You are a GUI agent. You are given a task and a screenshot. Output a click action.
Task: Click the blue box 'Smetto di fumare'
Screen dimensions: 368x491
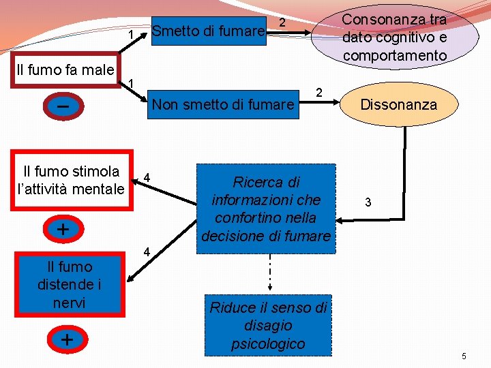[208, 31]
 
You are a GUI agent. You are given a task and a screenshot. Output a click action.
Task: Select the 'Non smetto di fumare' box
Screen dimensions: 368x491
[224, 105]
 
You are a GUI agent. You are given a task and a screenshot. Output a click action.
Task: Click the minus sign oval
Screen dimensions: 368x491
[63, 107]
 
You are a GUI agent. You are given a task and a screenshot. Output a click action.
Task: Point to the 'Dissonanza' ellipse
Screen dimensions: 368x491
[399, 105]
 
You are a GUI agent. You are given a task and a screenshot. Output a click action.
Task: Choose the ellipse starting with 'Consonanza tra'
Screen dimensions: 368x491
[394, 37]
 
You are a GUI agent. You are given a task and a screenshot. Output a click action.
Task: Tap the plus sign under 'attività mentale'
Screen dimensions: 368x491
[63, 229]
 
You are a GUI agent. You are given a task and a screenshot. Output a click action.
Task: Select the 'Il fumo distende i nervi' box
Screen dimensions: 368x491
[70, 284]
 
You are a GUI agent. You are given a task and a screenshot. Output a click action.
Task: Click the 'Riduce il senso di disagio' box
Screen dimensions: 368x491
[268, 326]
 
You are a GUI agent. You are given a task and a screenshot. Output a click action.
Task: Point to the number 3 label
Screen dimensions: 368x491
[368, 202]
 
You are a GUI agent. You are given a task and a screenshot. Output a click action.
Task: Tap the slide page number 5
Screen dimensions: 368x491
[464, 356]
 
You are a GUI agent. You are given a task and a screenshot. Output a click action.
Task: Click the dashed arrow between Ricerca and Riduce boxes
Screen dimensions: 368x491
[269, 271]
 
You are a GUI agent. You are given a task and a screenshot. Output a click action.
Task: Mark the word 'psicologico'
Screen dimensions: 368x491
[268, 343]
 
